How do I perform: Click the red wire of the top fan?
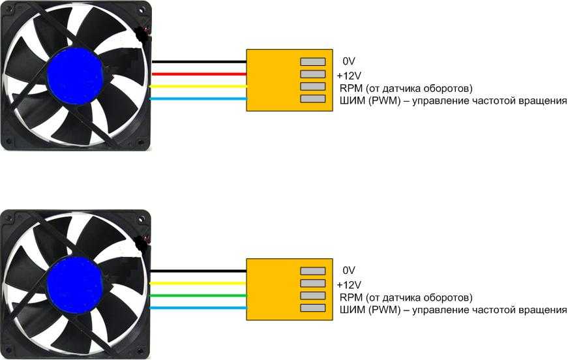point(200,74)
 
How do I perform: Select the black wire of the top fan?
point(200,62)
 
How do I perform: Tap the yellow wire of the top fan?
point(198,87)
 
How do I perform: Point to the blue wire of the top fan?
point(198,99)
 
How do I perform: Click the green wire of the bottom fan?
point(198,295)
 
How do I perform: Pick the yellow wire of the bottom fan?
point(198,283)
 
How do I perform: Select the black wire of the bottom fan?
point(198,271)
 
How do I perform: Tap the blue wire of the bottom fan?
point(198,308)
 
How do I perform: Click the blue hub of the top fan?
point(74,75)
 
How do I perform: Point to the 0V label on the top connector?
point(349,61)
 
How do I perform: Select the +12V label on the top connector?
point(349,76)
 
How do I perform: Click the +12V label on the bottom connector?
point(349,284)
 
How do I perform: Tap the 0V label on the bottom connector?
point(349,271)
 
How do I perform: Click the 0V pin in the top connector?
point(313,62)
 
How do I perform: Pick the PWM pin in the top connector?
point(313,99)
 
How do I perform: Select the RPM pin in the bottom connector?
point(313,295)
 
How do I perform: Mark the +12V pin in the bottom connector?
point(313,283)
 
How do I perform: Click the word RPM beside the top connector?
point(351,88)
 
